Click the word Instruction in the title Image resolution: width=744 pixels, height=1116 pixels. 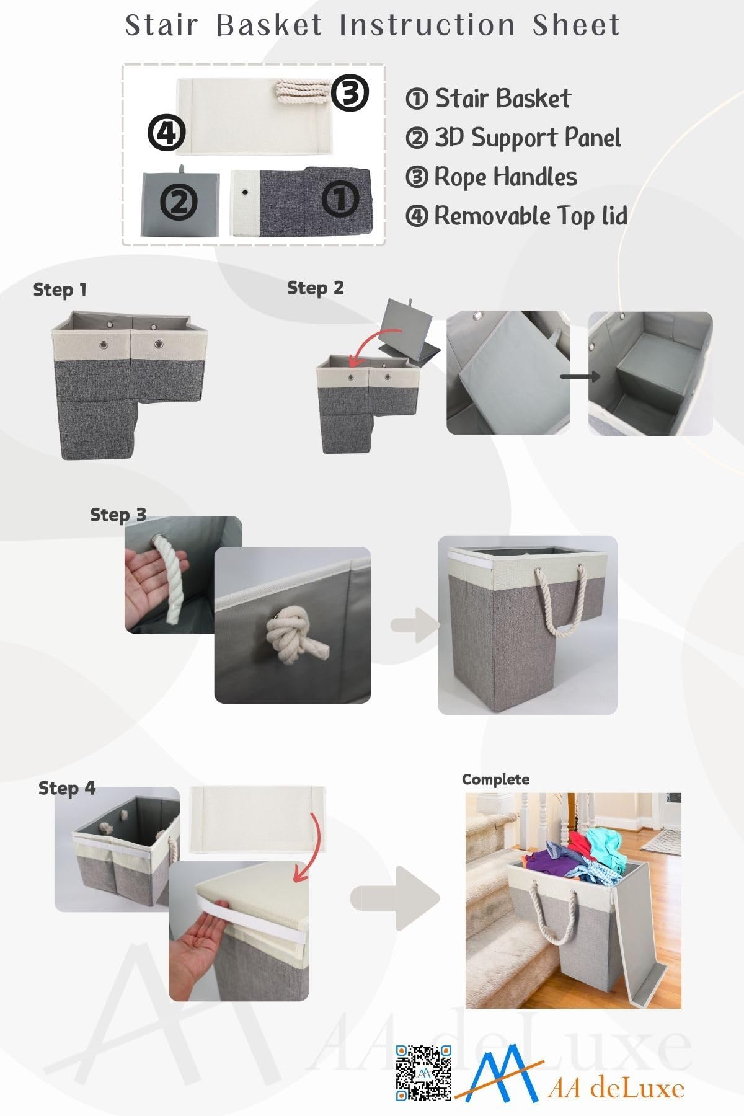click(427, 25)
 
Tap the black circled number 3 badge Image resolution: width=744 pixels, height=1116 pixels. click(350, 93)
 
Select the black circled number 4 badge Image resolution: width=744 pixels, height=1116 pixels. click(167, 133)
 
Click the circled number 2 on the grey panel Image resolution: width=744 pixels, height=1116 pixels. click(179, 202)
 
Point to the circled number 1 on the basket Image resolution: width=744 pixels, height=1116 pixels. click(340, 198)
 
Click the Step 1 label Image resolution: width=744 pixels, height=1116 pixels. click(60, 290)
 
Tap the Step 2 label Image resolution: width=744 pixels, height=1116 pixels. click(315, 288)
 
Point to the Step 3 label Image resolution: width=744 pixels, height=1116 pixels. click(118, 515)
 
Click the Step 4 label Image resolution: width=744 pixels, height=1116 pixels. click(67, 788)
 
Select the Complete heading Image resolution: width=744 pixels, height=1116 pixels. click(495, 779)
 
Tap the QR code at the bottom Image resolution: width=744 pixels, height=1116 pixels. click(424, 1073)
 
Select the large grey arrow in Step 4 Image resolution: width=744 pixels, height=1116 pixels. click(396, 898)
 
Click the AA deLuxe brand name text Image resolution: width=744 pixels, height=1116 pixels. click(616, 1088)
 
